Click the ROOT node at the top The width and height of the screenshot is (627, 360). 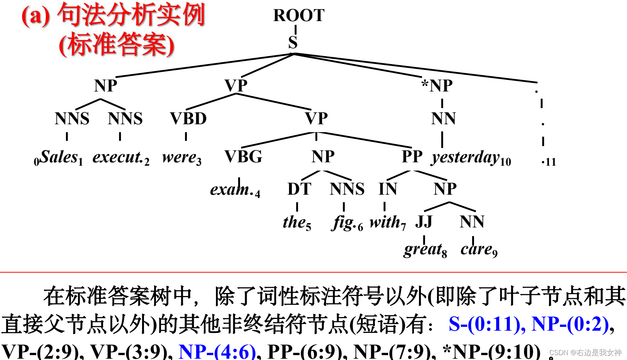[298, 15]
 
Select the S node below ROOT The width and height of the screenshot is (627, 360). [293, 42]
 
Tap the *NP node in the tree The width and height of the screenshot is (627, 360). [437, 86]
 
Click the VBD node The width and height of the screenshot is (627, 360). [188, 119]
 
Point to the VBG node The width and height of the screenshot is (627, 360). [243, 157]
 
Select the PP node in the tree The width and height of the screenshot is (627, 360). [412, 157]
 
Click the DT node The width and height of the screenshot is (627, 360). [299, 189]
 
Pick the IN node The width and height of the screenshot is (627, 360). [387, 189]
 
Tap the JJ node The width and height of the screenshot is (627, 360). [424, 222]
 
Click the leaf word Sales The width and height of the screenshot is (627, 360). [59, 157]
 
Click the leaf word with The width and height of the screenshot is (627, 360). [385, 222]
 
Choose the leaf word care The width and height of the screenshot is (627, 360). [477, 249]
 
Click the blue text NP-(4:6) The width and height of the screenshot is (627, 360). [217, 351]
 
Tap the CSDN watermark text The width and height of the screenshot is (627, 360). [585, 352]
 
